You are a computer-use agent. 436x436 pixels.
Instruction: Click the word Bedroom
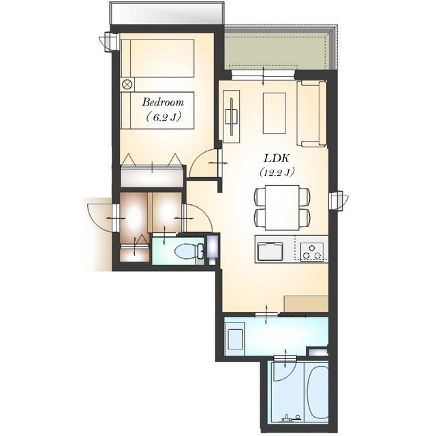[163, 102]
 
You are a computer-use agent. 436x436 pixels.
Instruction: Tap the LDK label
[277, 159]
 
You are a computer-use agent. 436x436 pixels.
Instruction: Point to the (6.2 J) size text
[163, 117]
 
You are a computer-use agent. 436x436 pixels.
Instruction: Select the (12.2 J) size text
[277, 172]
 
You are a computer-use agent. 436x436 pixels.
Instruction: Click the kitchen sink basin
[270, 251]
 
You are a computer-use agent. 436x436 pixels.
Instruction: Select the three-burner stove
[312, 251]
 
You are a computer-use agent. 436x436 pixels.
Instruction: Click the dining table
[282, 207]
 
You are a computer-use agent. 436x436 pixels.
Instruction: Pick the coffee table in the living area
[275, 114]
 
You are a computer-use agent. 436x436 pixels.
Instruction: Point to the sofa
[311, 114]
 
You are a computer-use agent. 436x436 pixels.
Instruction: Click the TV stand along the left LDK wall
[232, 116]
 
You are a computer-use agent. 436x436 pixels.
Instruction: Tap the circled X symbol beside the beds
[127, 84]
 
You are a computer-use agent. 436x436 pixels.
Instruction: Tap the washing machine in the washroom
[235, 339]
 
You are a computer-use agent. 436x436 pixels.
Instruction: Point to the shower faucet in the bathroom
[291, 418]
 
